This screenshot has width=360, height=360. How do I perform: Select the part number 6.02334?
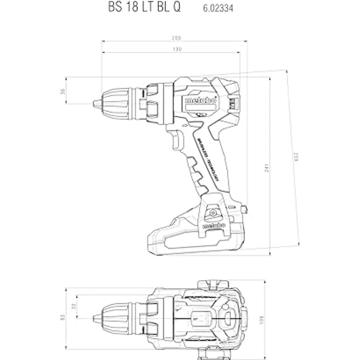coord(216,9)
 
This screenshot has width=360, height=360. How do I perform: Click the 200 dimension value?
coord(176,38)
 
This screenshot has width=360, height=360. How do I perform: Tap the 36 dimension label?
coord(63,90)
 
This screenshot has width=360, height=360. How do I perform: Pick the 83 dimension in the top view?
coord(63,317)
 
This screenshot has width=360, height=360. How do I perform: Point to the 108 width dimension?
coord(262,319)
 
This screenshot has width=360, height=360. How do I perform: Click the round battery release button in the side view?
coord(212,213)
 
